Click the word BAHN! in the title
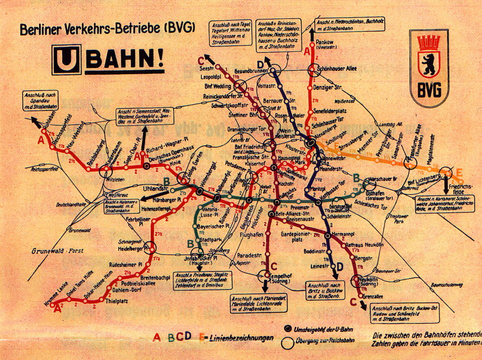(x=125, y=61)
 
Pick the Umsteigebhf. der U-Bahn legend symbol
(x=287, y=329)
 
